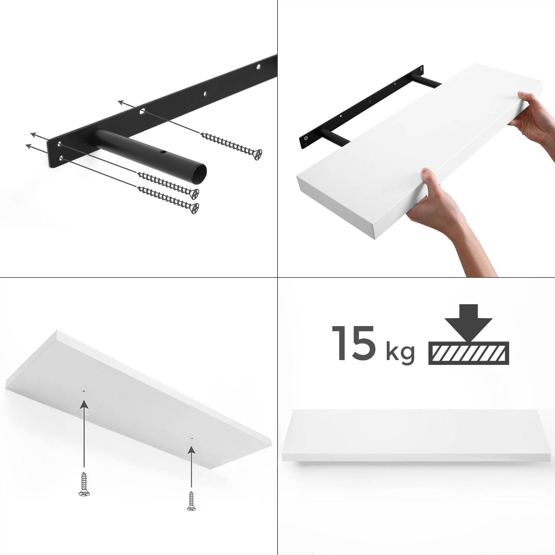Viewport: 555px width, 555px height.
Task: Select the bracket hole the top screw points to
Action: point(142,112)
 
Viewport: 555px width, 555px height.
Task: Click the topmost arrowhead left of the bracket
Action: point(121,102)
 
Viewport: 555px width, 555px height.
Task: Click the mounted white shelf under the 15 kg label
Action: point(418,436)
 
